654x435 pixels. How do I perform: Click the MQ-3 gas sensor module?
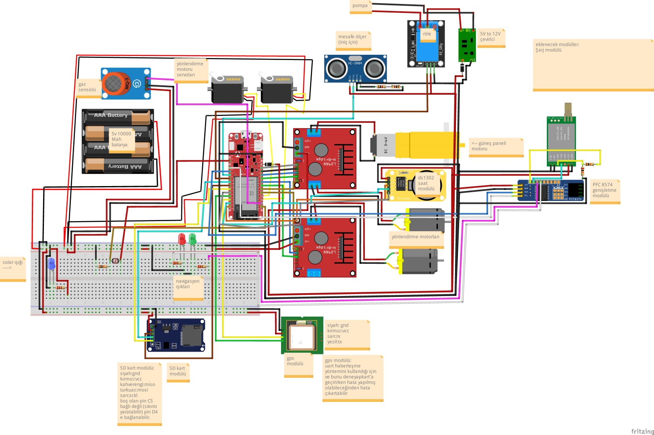125,84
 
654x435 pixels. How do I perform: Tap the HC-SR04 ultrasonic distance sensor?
355,68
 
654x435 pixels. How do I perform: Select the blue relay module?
426,44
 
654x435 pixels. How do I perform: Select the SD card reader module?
176,335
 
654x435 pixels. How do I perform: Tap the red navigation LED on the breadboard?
182,239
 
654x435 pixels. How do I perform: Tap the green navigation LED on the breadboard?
192,239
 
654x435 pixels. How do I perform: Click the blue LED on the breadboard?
51,264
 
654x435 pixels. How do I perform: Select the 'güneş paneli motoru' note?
496,147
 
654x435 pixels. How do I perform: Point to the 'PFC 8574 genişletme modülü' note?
604,191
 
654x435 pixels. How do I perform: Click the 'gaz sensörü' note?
88,88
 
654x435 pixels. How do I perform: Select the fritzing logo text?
642,431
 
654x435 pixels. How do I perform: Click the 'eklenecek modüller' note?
592,64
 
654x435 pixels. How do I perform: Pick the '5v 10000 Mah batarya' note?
122,139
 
